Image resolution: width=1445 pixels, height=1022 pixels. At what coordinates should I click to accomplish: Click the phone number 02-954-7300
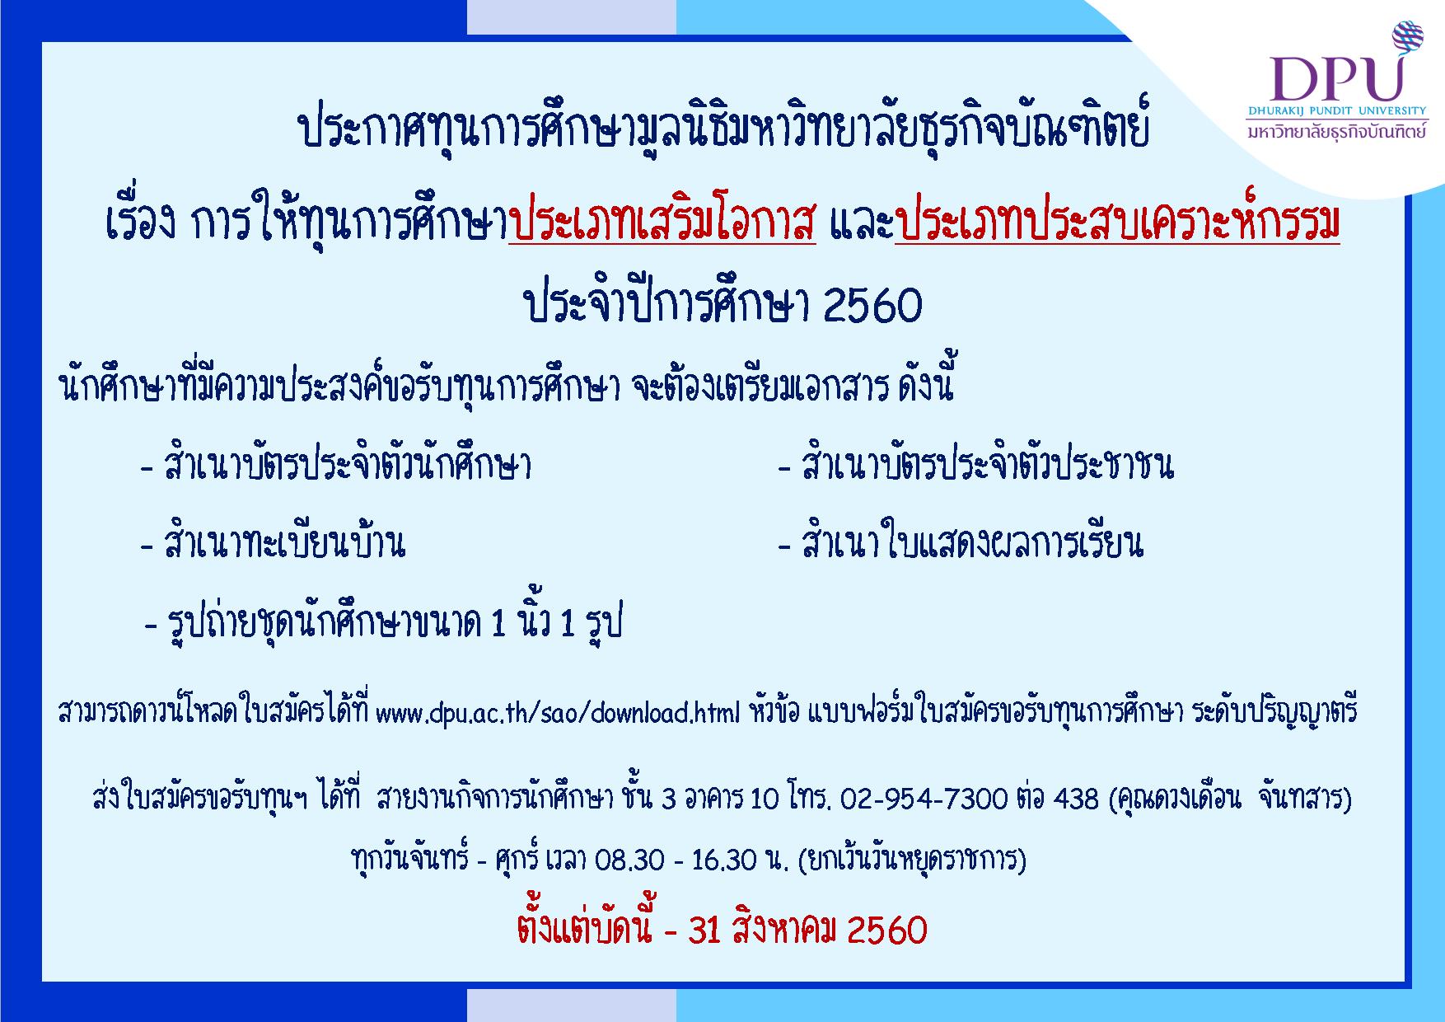(924, 799)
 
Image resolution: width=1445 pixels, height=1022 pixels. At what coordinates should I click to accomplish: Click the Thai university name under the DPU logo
(1336, 131)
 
